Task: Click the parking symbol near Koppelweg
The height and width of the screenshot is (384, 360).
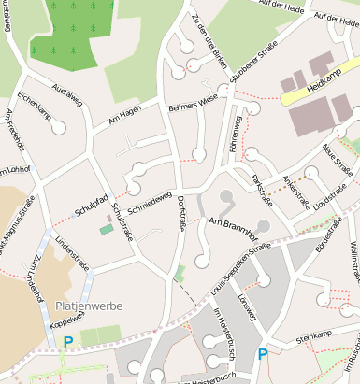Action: pyautogui.click(x=67, y=342)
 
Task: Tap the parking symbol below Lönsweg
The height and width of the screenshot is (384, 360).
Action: pyautogui.click(x=262, y=354)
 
